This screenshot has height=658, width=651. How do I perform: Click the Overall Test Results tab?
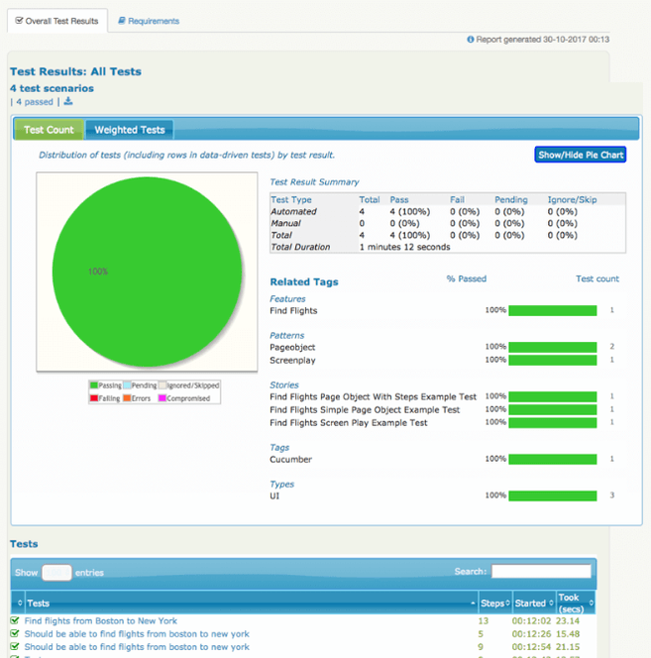coord(56,20)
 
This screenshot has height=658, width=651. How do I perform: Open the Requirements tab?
coord(148,20)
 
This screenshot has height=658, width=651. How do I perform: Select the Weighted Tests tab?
coord(130,130)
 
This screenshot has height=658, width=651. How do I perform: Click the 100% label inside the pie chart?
coord(97,271)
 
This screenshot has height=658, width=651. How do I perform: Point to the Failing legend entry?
coord(105,398)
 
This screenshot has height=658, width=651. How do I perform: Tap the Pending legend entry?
coord(139,385)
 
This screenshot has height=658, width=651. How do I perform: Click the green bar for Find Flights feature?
coord(553,310)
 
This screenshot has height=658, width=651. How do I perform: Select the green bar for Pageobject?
coord(553,347)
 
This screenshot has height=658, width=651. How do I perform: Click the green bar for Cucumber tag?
coord(553,459)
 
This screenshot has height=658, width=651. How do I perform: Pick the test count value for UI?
coord(612,495)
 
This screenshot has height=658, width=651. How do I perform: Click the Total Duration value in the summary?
coord(404,247)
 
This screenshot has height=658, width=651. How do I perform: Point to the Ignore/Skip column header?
coord(573,199)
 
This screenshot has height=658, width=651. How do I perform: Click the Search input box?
coord(541,572)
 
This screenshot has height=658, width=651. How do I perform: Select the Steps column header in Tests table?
coord(492,603)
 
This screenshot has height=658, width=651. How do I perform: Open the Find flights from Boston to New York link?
coord(100,621)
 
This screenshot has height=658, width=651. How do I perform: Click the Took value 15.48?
coord(569,634)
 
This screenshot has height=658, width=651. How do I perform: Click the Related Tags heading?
coord(304,281)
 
